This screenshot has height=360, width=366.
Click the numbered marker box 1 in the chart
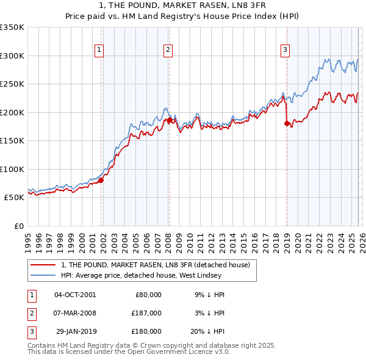click(99, 51)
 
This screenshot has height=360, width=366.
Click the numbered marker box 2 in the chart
click(168, 51)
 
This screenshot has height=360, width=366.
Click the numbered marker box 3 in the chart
click(285, 51)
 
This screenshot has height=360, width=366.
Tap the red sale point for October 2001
click(101, 180)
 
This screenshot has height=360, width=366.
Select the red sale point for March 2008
click(170, 120)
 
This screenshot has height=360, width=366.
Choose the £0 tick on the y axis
click(18, 226)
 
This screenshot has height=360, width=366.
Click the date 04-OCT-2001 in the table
click(75, 295)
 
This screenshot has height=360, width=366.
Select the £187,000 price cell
click(146, 313)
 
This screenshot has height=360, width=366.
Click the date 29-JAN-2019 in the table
click(75, 331)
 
